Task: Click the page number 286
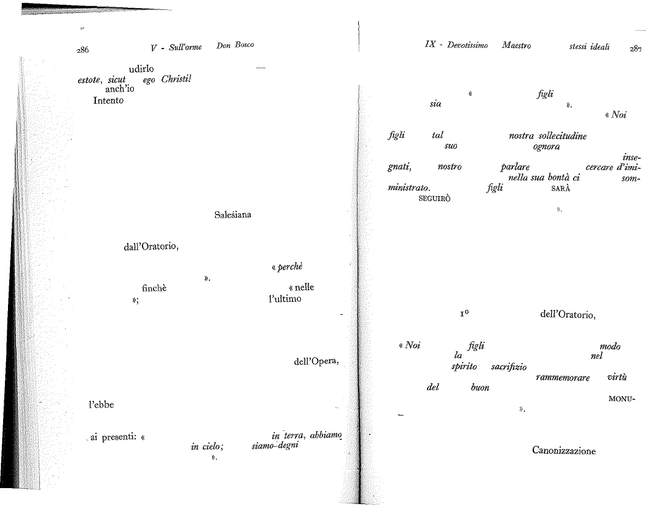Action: pos(83,50)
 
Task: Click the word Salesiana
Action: pos(233,215)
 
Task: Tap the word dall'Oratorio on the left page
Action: pos(151,247)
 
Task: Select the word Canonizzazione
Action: pos(563,451)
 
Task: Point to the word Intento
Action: pos(108,100)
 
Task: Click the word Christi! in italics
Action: pos(176,79)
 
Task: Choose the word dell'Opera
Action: pos(316,361)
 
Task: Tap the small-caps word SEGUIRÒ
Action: pos(434,199)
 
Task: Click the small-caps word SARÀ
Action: pos(561,188)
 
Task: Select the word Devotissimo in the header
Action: pos(467,45)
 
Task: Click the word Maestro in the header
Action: pos(516,45)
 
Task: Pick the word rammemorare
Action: pos(562,377)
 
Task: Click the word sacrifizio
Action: pos(509,367)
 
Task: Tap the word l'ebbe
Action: pos(101,405)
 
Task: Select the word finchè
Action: pos(154,288)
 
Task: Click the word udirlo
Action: pos(141,69)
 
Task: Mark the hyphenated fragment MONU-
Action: pos(622,399)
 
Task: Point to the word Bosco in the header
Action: pos(244,45)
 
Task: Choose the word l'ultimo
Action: pos(285,299)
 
